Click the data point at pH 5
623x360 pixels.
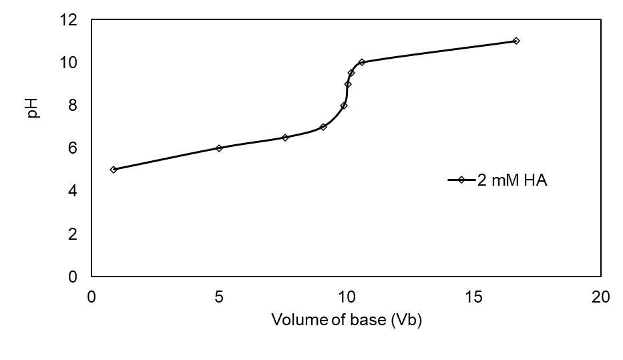[x=114, y=170]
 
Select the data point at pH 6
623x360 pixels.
[x=219, y=148]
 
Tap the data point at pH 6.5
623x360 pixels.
[x=285, y=138]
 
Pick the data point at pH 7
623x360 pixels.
[x=323, y=127]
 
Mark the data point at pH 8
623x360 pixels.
[x=344, y=106]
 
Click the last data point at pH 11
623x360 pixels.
[x=516, y=41]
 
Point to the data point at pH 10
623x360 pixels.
[x=362, y=62]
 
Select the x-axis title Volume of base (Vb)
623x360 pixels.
[x=346, y=320]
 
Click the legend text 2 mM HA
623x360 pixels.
[x=512, y=180]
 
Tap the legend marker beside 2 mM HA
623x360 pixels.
[x=460, y=180]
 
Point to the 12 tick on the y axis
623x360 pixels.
[x=69, y=20]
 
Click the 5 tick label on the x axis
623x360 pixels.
[x=219, y=297]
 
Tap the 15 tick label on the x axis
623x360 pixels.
[x=473, y=297]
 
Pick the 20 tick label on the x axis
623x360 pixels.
[x=601, y=297]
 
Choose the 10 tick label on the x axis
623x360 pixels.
[x=346, y=297]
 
